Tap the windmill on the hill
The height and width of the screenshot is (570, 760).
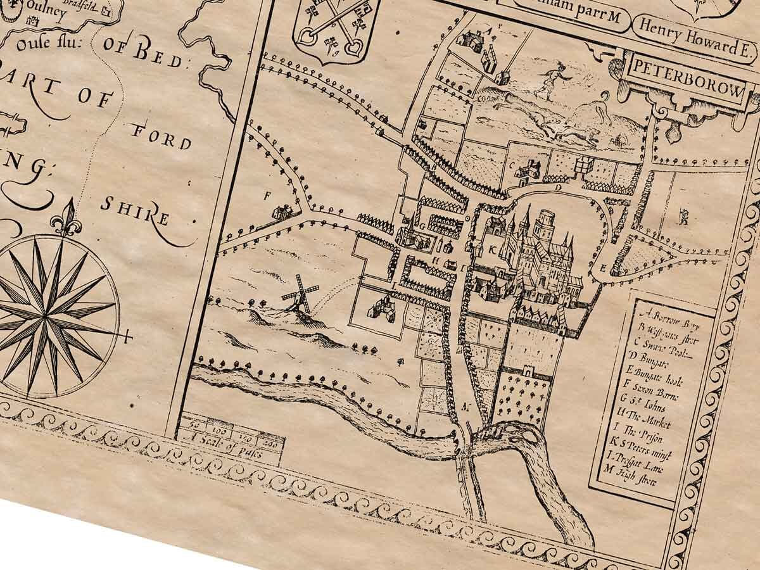point(300,294)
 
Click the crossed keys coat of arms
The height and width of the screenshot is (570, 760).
point(334,28)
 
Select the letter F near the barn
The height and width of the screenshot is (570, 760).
point(267,195)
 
